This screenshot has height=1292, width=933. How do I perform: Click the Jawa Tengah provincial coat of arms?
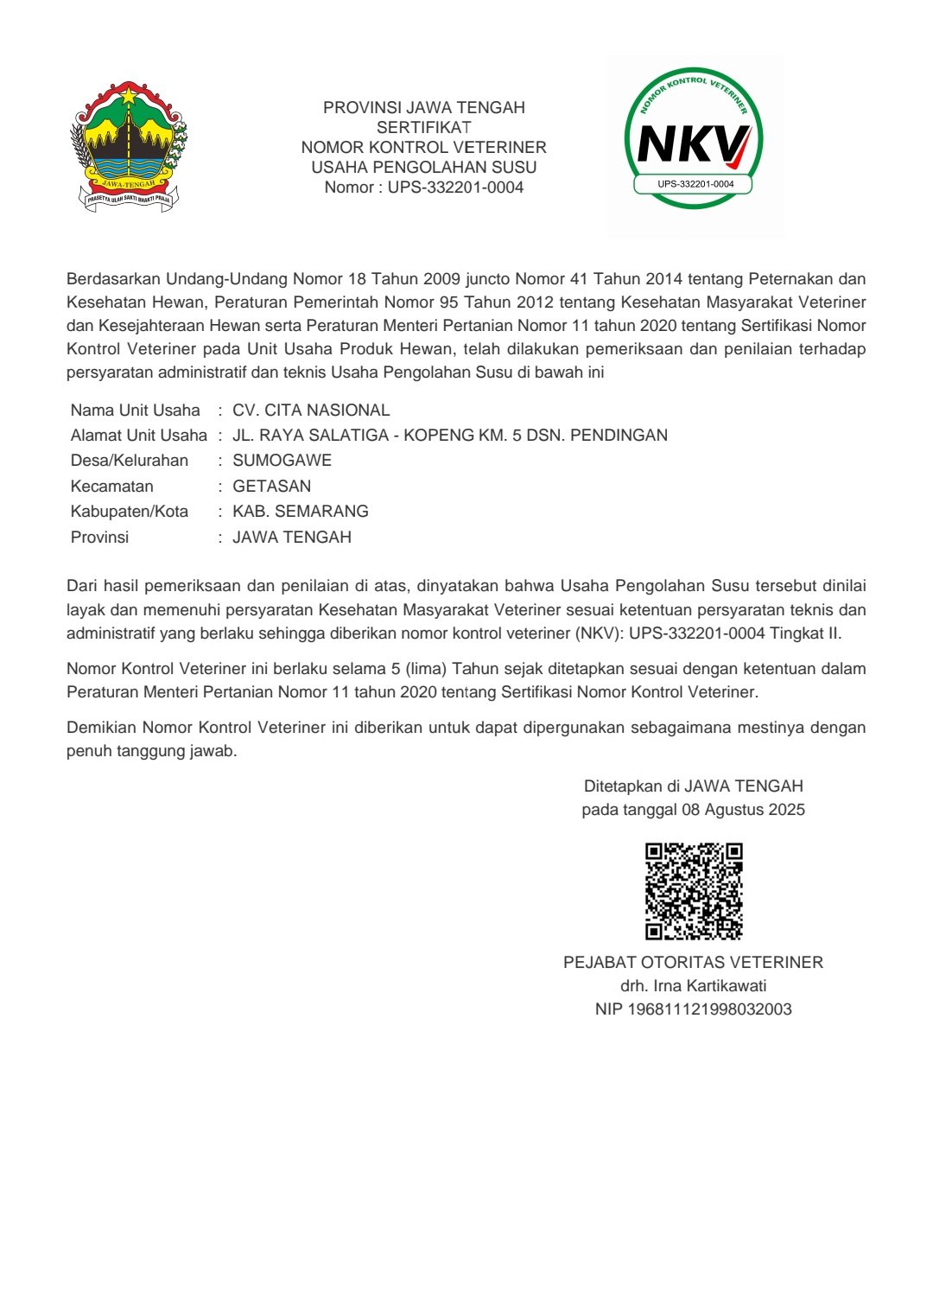point(129,146)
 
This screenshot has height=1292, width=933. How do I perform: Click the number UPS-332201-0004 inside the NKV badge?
point(695,184)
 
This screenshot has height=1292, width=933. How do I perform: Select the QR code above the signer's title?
point(694,891)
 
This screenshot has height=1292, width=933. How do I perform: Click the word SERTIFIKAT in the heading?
point(423,127)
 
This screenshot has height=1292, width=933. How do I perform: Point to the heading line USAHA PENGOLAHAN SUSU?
point(423,167)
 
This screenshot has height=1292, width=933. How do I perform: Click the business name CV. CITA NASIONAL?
point(311,410)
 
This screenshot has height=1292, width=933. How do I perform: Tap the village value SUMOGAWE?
point(282,460)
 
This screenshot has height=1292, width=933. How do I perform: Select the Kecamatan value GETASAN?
point(271,486)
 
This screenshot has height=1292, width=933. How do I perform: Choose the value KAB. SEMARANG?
point(301,511)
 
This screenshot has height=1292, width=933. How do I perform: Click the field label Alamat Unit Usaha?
point(138,435)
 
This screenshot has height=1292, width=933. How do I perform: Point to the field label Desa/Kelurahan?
point(129,460)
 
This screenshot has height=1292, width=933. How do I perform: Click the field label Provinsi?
point(99,537)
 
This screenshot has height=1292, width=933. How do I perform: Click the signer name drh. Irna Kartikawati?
point(693,985)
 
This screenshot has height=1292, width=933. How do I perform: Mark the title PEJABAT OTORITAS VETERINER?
point(693,962)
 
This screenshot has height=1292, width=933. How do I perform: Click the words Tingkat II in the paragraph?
point(805,633)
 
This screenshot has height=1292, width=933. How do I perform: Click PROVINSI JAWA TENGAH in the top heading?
point(423,107)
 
